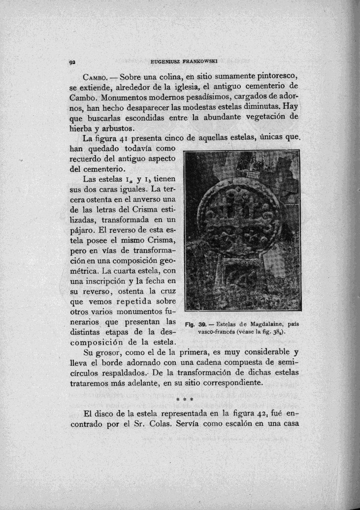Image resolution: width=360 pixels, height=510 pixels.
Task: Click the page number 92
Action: pyautogui.click(x=71, y=63)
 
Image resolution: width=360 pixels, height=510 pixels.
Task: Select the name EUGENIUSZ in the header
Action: pyautogui.click(x=164, y=63)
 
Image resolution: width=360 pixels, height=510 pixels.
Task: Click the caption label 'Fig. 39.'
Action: pyautogui.click(x=194, y=324)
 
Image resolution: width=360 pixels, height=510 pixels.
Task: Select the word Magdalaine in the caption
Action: pyautogui.click(x=259, y=324)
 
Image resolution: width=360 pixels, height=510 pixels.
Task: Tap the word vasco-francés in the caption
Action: pyautogui.click(x=217, y=332)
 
